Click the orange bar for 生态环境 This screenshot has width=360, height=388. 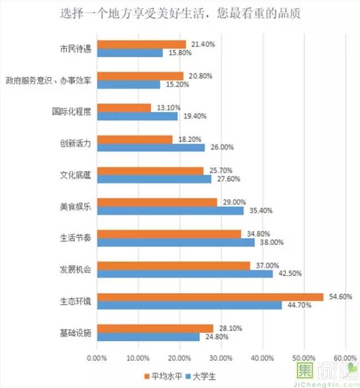click(x=210, y=297)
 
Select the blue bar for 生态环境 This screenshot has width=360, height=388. click(x=189, y=305)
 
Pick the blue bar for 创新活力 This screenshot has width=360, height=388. click(x=150, y=147)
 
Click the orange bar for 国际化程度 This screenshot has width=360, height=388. click(x=124, y=107)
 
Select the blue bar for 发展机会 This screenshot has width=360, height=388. click(x=185, y=274)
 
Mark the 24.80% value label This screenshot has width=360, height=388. click(x=214, y=337)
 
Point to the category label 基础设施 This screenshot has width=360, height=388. click(x=75, y=333)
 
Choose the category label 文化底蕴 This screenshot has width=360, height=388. click(x=75, y=175)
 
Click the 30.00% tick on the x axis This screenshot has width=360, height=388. click(x=221, y=356)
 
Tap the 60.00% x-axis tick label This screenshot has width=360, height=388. click(x=344, y=356)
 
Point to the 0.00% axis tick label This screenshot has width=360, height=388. click(x=97, y=356)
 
